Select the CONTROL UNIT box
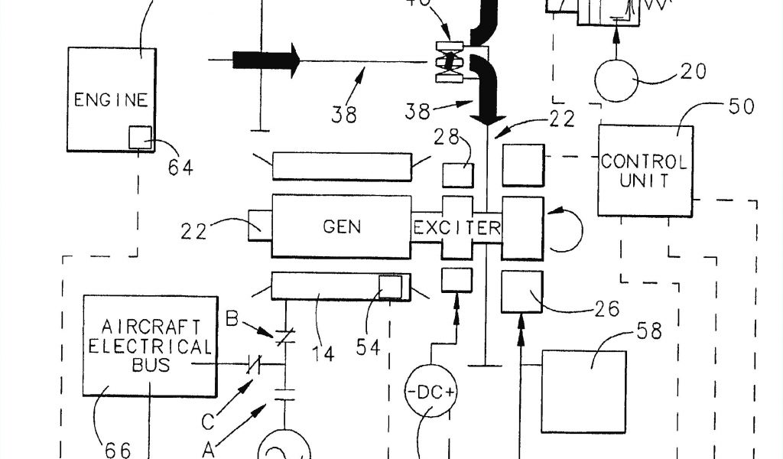pyautogui.click(x=644, y=171)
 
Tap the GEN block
pyautogui.click(x=342, y=226)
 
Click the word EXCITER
pyautogui.click(x=457, y=227)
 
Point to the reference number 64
pyautogui.click(x=182, y=167)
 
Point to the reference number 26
pyautogui.click(x=603, y=311)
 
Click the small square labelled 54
pyautogui.click(x=390, y=286)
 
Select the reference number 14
pyautogui.click(x=323, y=353)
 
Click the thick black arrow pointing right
pyautogui.click(x=265, y=60)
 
